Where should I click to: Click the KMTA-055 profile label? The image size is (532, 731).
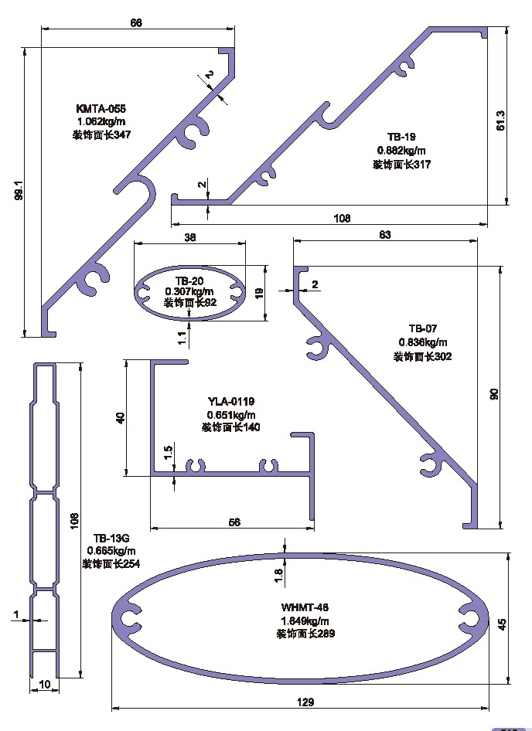pos(101,109)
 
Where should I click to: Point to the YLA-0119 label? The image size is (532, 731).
pos(231,401)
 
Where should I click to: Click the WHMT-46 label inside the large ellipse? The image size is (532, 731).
pos(305,607)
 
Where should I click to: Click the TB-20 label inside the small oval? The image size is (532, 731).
pos(189,280)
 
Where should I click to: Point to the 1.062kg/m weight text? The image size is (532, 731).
pos(101,121)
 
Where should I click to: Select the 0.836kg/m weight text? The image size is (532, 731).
pos(422,342)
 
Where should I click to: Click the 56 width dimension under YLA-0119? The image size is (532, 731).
pos(234,522)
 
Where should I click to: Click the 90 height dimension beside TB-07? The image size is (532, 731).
pos(496,393)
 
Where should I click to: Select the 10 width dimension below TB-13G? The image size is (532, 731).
pos(44,684)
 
